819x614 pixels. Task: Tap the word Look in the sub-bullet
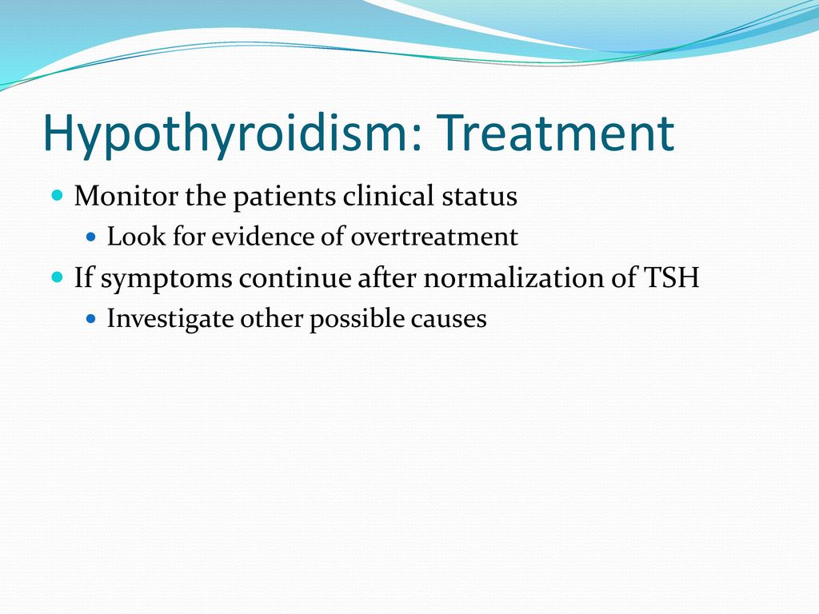pyautogui.click(x=136, y=237)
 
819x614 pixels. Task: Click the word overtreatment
pyautogui.click(x=434, y=237)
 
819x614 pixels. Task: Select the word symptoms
pyautogui.click(x=166, y=278)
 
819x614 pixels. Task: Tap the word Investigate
pyautogui.click(x=170, y=319)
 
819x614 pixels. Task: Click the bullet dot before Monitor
pyautogui.click(x=58, y=196)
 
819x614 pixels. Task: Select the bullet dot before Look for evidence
pyautogui.click(x=91, y=237)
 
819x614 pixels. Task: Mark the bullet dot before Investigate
pyautogui.click(x=91, y=318)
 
